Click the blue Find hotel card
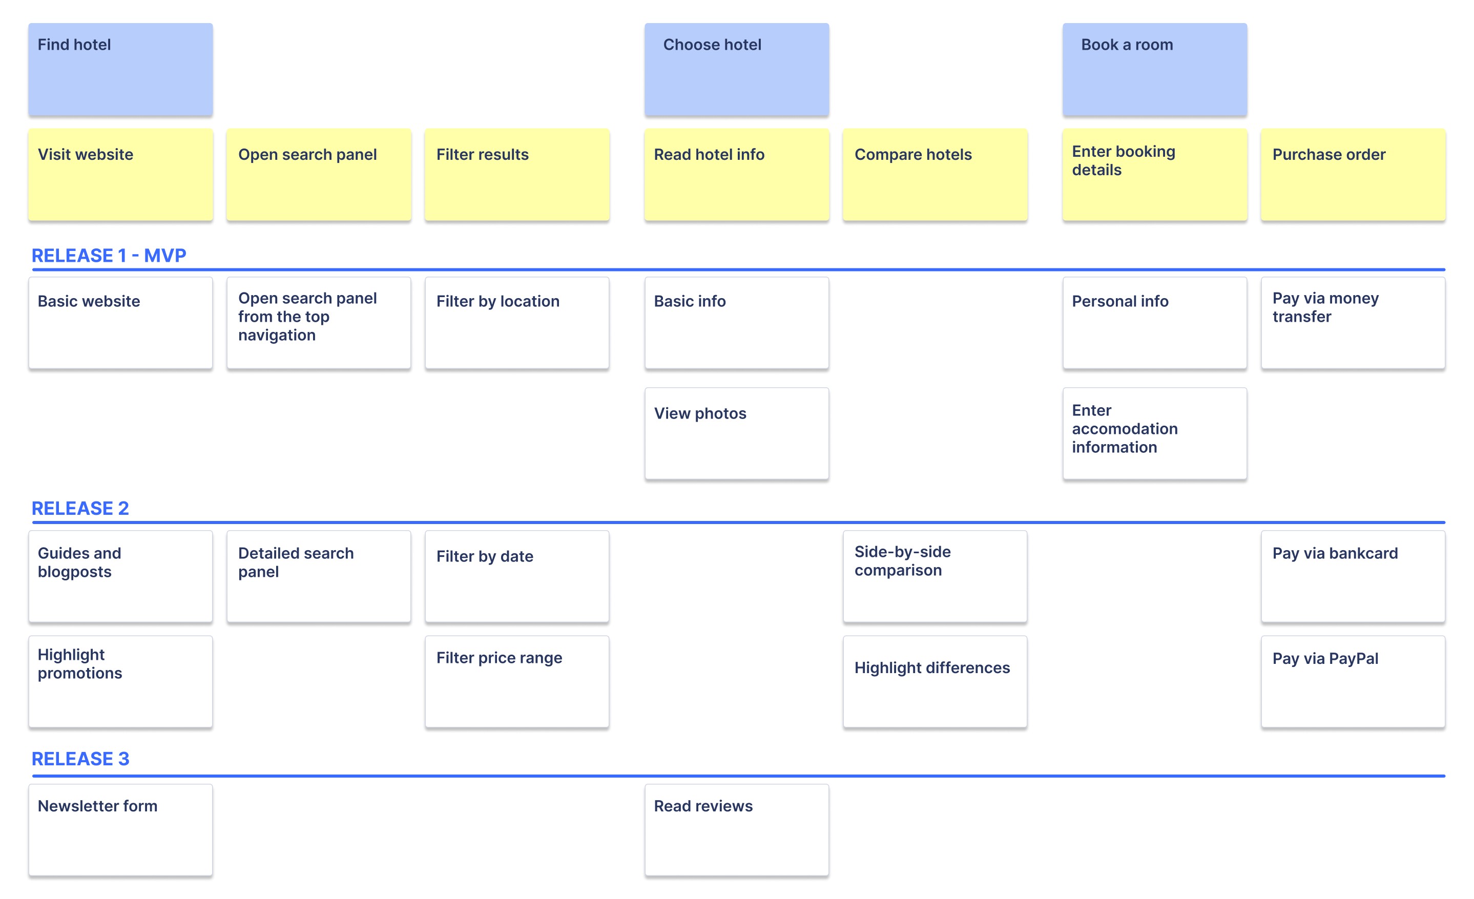120,69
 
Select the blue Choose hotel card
736,69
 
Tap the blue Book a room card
1154,69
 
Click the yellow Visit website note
120,174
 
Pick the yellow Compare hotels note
935,174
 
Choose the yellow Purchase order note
1353,174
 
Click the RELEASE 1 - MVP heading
109,256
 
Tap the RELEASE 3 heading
80,759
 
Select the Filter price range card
517,681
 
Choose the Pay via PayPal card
1353,681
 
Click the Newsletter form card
120,830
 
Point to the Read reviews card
736,830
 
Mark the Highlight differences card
935,681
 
